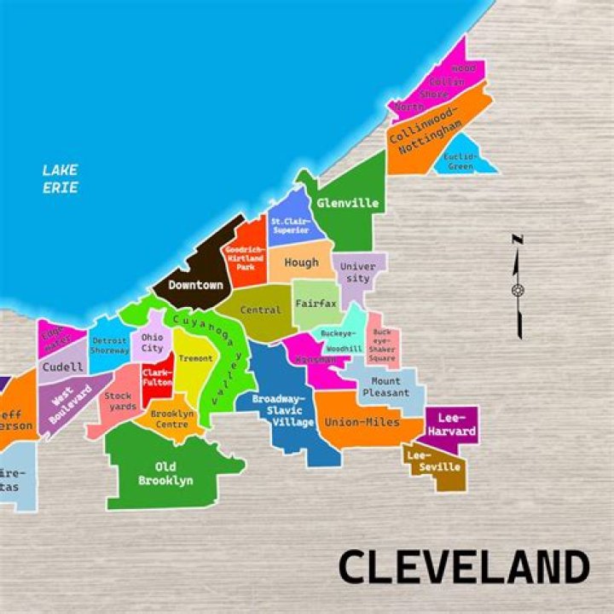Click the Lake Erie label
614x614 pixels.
coord(60,178)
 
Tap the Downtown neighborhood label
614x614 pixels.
coord(195,285)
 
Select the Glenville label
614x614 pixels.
coord(347,204)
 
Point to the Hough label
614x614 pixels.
coord(301,263)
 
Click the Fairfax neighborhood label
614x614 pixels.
coord(316,304)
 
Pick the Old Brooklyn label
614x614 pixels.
coord(165,473)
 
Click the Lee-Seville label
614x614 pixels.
coord(433,461)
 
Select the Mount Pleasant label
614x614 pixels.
coord(385,387)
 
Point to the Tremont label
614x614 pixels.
coord(195,359)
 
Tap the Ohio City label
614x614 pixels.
coord(152,343)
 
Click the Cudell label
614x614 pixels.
coord(62,368)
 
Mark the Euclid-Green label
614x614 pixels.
coord(460,162)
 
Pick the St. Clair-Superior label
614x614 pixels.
coord(291,226)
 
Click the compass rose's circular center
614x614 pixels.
coord(518,291)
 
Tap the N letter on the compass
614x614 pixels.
coord(518,240)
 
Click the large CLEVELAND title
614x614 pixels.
coord(464,567)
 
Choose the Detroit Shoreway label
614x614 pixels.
coord(109,345)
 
